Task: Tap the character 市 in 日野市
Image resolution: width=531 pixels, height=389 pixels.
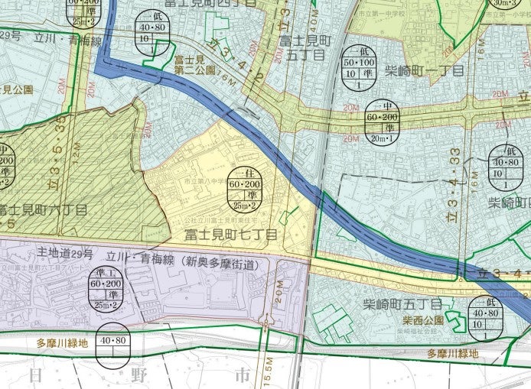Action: coord(244,375)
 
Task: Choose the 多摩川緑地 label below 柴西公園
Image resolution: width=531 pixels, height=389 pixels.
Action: coord(451,354)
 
